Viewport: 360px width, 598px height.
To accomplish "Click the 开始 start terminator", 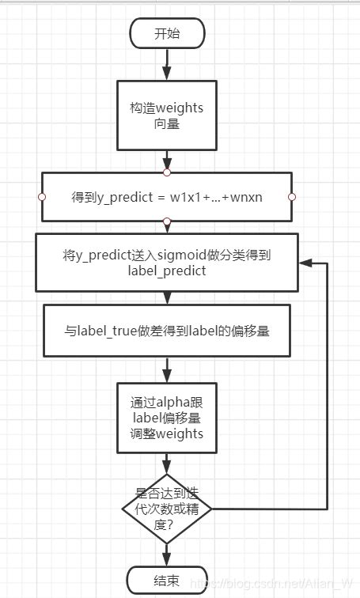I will point(166,33).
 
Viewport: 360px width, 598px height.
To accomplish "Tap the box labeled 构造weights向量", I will point(166,115).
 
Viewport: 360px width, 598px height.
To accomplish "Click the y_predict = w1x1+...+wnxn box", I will point(166,196).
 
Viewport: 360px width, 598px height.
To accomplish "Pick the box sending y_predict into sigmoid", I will point(166,262).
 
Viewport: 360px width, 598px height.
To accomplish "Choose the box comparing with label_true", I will point(166,331).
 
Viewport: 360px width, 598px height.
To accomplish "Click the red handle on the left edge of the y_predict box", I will point(41,196).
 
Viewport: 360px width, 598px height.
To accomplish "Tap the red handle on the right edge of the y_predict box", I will point(292,196).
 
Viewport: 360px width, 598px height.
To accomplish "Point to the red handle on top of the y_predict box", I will point(166,172).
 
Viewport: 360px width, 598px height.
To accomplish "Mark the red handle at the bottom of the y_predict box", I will point(166,221).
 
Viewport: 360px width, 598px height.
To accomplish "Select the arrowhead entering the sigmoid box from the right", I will point(305,262).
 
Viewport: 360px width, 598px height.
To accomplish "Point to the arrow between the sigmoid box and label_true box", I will point(166,298).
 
